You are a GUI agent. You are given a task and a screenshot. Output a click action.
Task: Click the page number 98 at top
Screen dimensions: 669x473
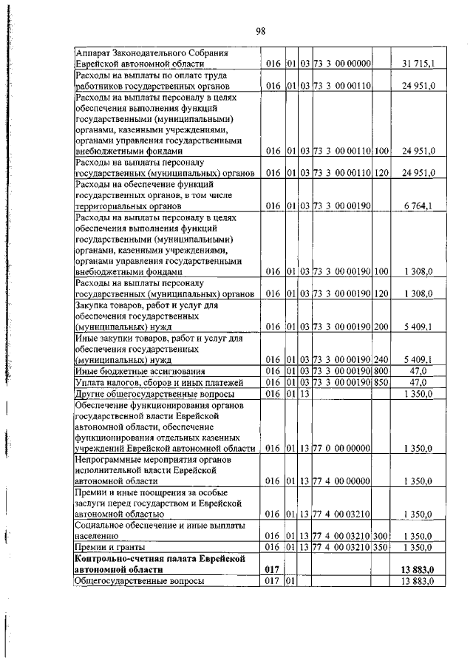(261, 30)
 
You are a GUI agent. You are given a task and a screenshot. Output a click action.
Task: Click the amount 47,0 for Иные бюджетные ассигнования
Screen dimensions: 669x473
(418, 370)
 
